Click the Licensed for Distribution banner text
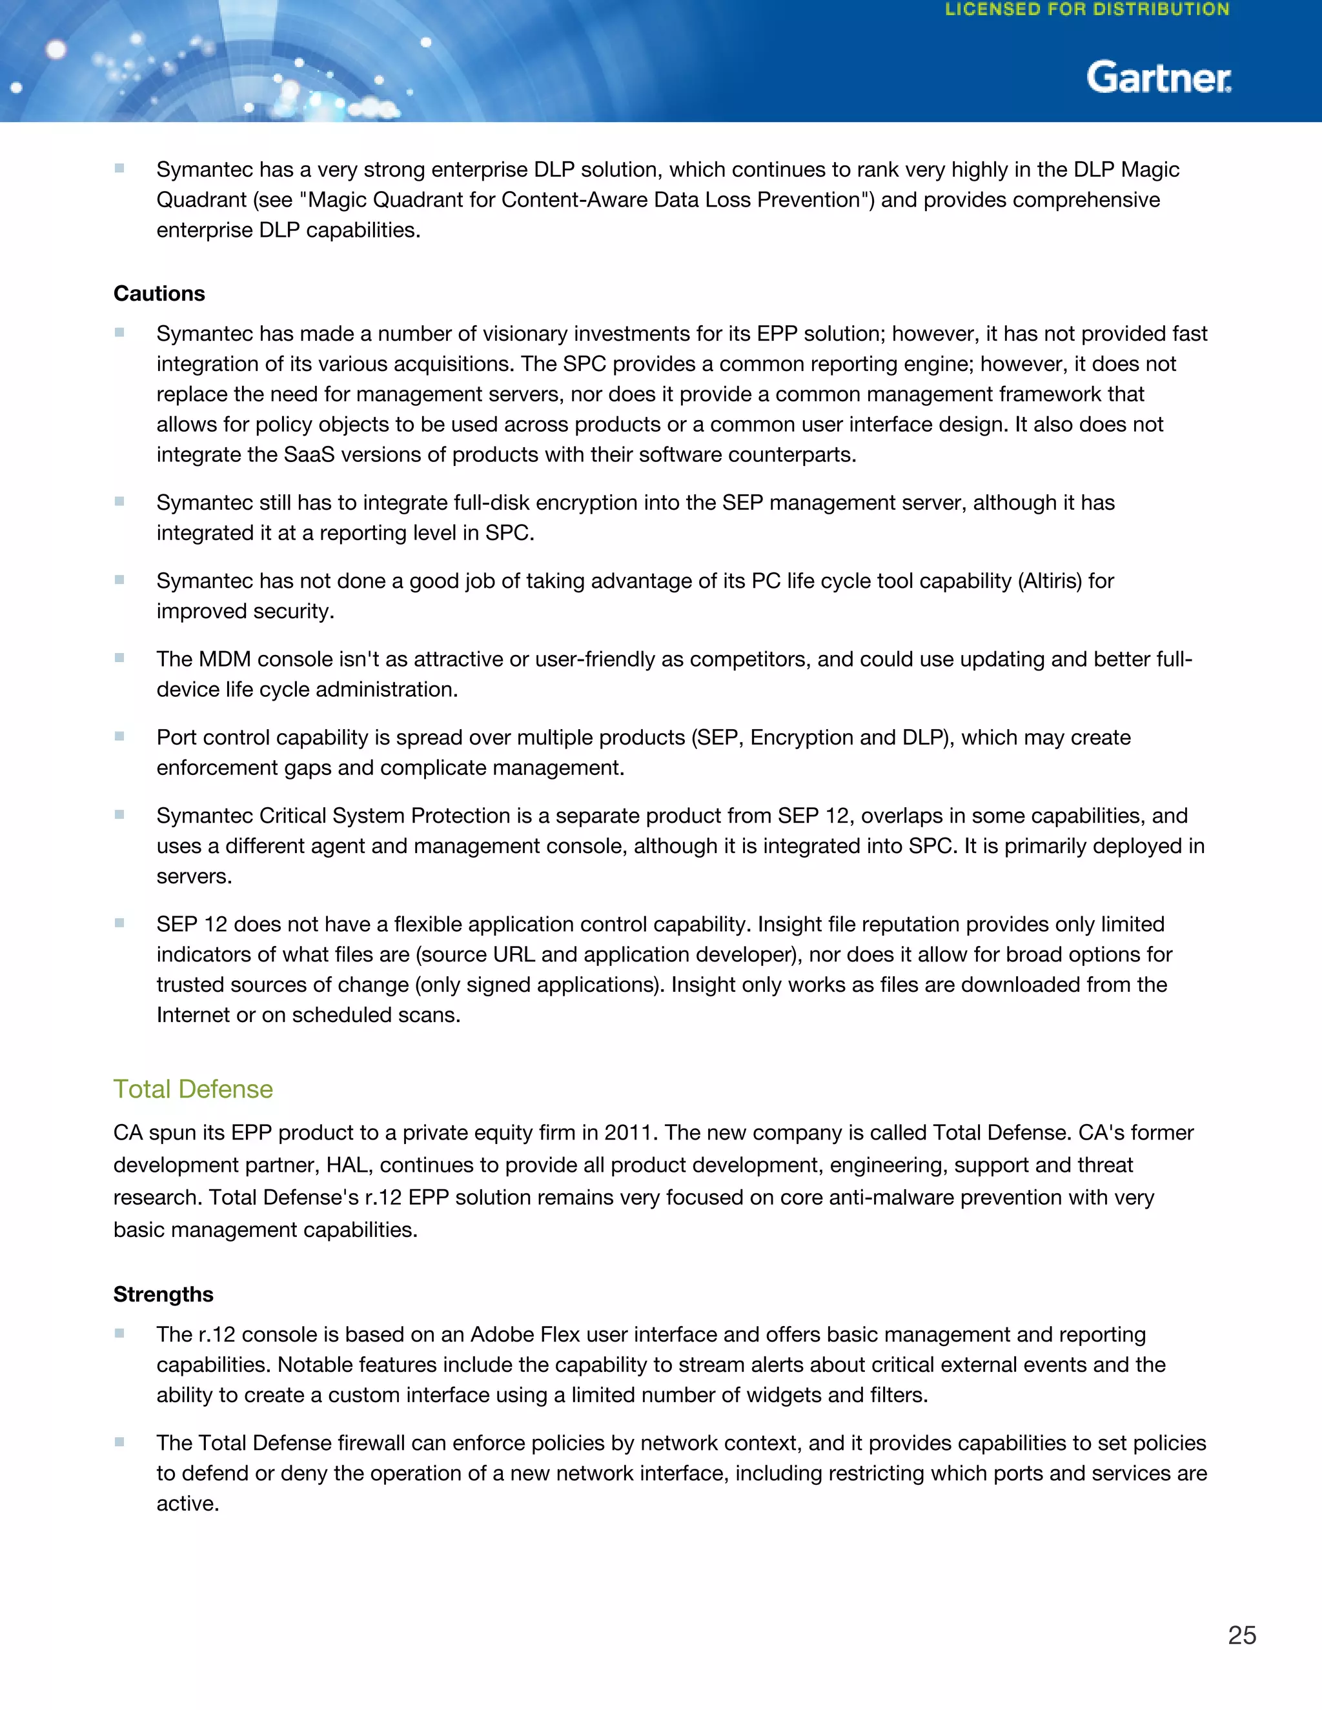coord(1087,10)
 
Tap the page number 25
coord(1241,1635)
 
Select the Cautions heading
coord(159,294)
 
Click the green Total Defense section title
coord(192,1089)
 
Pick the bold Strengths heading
coord(163,1294)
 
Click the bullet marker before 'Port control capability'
coord(120,736)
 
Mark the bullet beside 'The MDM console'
coord(120,658)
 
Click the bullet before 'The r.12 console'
coord(120,1333)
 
